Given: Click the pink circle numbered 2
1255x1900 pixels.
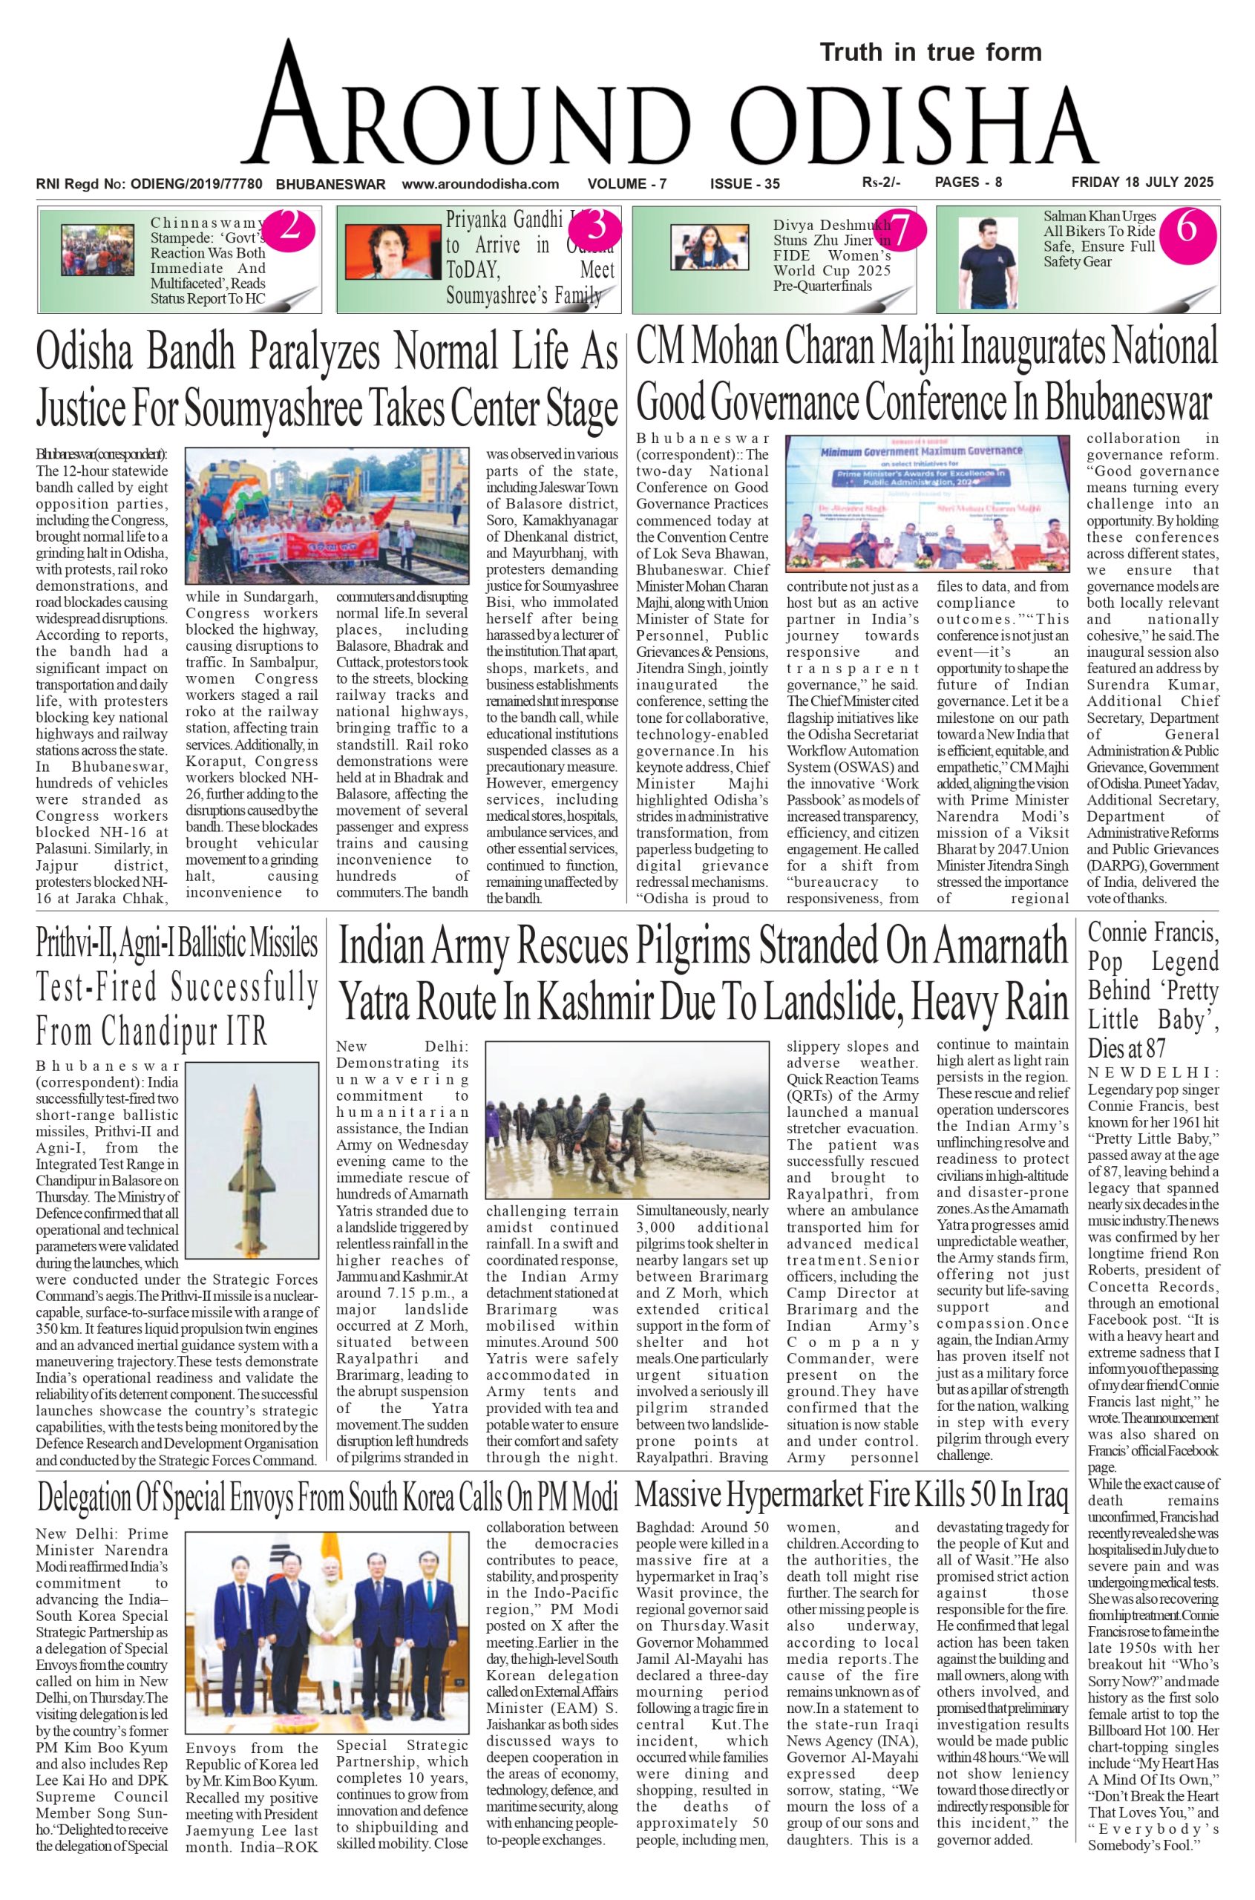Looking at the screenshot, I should tap(289, 229).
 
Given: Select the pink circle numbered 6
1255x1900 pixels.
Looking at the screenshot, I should tap(1186, 229).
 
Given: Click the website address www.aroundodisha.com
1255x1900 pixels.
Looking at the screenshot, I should tap(480, 183).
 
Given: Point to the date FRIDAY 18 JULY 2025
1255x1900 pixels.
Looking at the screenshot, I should tap(1142, 183).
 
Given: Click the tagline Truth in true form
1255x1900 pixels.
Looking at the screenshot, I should tap(931, 53).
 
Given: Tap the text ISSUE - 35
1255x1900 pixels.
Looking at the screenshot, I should tap(744, 184).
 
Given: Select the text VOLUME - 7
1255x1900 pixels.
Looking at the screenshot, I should tap(626, 184).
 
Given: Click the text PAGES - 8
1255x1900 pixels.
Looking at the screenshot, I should tap(968, 183).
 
